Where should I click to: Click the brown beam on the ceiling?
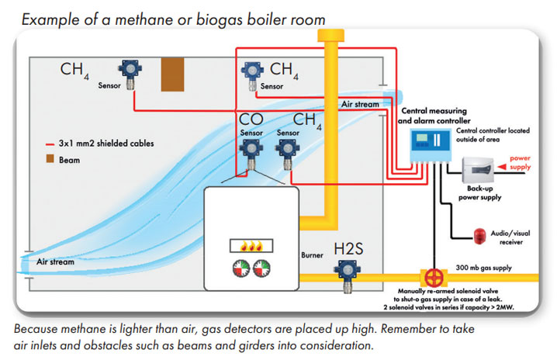[x=172, y=74]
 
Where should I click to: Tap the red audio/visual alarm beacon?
[x=479, y=236]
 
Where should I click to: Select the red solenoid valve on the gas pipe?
[x=434, y=278]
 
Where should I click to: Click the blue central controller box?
[x=431, y=145]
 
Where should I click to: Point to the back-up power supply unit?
[x=478, y=171]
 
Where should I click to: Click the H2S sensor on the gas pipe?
[x=347, y=275]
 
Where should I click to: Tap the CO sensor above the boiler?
[x=251, y=154]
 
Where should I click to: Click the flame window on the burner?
[x=251, y=246]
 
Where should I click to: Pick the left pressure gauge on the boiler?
[x=241, y=268]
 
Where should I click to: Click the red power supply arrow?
[x=502, y=167]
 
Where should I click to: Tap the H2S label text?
[x=348, y=249]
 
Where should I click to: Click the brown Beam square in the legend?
[x=50, y=158]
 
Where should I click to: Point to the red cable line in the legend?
[x=50, y=144]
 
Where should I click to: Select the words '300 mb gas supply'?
[x=483, y=268]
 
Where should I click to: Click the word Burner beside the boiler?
[x=312, y=254]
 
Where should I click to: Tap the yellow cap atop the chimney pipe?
[x=330, y=36]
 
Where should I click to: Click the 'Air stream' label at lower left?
[x=55, y=262]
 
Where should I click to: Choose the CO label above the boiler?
[x=251, y=119]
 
